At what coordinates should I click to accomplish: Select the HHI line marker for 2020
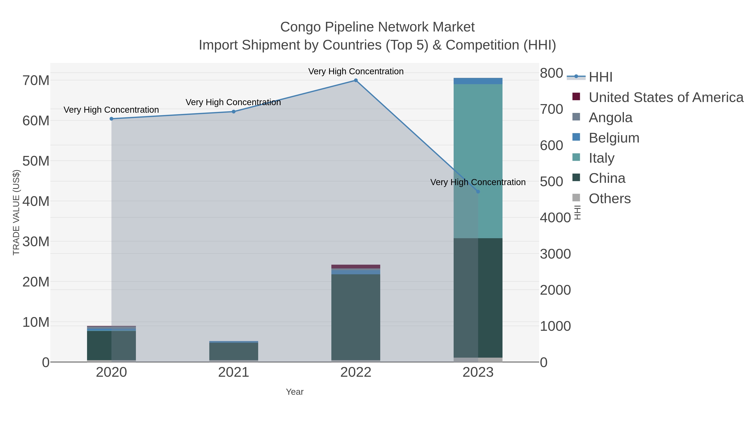click(111, 119)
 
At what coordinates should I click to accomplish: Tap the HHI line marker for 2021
click(234, 111)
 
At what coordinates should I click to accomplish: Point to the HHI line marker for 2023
click(478, 192)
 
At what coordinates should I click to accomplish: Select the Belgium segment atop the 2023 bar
click(478, 81)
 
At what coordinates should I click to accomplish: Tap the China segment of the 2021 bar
click(234, 351)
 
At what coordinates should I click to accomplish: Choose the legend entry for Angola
click(610, 118)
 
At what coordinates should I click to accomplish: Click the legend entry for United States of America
click(666, 97)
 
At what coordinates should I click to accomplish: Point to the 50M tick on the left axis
click(36, 161)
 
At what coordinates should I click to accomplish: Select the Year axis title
click(295, 392)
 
